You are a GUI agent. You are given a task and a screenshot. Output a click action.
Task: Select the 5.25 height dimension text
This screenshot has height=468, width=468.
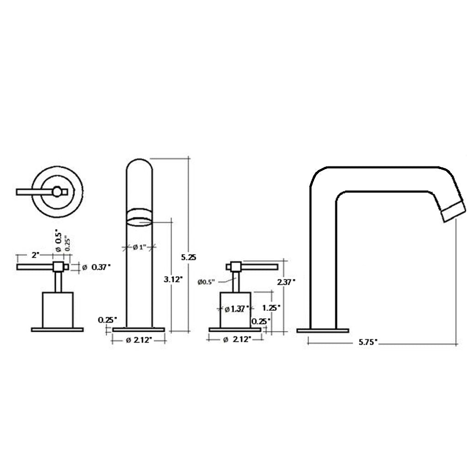189,257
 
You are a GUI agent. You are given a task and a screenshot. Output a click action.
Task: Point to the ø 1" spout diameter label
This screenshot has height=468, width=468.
139,247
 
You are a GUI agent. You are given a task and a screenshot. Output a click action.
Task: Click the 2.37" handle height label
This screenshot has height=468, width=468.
287,282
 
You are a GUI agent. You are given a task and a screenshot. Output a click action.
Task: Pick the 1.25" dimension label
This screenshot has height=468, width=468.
272,308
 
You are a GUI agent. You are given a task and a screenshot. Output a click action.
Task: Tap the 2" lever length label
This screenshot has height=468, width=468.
35,255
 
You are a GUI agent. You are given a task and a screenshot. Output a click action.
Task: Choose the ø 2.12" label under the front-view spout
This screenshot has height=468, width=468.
139,340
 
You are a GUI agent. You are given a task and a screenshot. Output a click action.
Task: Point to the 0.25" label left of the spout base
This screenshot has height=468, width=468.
107,319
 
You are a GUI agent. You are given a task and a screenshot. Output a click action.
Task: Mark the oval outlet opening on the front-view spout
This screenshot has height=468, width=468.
139,218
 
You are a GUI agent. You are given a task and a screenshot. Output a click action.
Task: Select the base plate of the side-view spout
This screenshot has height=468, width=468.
323,330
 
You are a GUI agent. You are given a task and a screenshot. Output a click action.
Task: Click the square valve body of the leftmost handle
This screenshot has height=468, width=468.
58,309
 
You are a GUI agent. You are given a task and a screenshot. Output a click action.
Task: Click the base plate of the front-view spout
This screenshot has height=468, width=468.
138,330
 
